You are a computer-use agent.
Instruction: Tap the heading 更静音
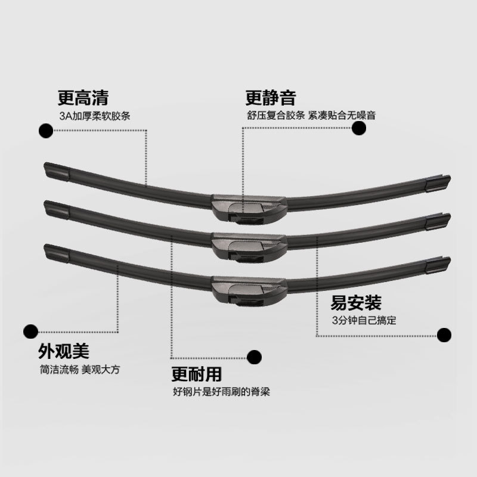click(x=270, y=97)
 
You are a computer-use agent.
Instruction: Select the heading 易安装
click(x=356, y=303)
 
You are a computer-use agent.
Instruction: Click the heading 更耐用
click(x=196, y=374)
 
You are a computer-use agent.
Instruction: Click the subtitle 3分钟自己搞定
click(x=364, y=321)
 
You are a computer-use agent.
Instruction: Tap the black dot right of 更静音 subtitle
click(x=360, y=128)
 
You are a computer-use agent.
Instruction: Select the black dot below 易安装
click(x=444, y=335)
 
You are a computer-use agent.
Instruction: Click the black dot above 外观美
click(x=29, y=330)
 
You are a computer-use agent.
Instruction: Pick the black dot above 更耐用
click(x=255, y=357)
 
